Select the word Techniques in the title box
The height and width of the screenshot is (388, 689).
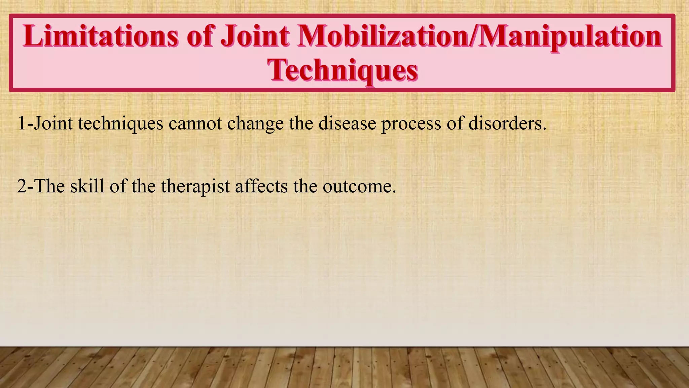pos(342,70)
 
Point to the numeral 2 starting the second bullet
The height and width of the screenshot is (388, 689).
pos(22,186)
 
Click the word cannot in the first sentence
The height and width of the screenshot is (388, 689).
pos(195,123)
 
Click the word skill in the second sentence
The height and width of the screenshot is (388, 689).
pos(87,186)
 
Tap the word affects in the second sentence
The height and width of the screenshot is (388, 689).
pos(261,186)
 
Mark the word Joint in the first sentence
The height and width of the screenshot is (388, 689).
pos(53,123)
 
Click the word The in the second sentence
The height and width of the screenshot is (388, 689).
pos(49,186)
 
